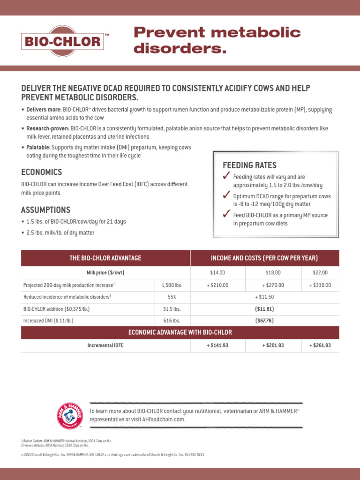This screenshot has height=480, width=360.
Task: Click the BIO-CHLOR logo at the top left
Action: click(x=63, y=42)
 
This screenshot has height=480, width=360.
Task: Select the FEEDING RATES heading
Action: click(x=249, y=165)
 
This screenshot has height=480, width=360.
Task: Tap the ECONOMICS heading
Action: click(x=41, y=172)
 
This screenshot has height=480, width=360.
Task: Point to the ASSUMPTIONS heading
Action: click(x=46, y=210)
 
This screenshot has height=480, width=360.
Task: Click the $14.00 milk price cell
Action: click(x=217, y=272)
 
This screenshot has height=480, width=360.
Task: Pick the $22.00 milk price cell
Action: click(x=320, y=272)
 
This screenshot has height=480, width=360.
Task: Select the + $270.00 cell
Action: click(x=273, y=285)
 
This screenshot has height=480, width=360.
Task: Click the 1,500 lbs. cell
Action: click(x=172, y=285)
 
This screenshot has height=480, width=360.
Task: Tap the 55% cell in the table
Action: click(x=172, y=297)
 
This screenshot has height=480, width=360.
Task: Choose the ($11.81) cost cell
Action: click(x=264, y=309)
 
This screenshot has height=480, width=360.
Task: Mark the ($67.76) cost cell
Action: click(x=264, y=321)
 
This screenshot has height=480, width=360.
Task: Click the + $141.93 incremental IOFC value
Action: click(x=217, y=345)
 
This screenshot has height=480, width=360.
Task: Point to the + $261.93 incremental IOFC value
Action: click(x=320, y=345)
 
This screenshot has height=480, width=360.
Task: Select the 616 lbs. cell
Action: click(x=172, y=321)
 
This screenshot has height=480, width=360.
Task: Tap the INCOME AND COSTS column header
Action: click(x=264, y=258)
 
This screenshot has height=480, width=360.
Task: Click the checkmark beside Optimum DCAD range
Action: click(x=226, y=195)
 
